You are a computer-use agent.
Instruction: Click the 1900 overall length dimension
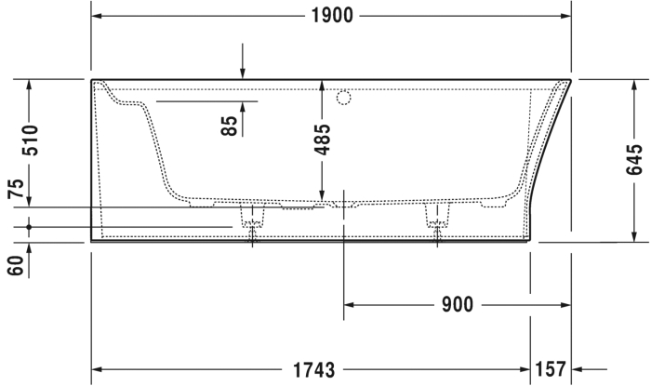[x=332, y=16]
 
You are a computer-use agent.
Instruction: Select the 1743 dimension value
[x=314, y=369]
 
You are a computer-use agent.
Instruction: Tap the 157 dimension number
[x=551, y=369]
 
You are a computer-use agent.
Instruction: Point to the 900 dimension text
[x=458, y=305]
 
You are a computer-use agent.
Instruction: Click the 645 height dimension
[x=634, y=160]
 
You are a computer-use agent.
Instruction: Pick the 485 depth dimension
[x=322, y=140]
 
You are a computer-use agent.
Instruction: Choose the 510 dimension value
[x=30, y=140]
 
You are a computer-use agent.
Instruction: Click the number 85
[x=229, y=126]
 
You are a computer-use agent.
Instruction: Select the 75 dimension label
[x=16, y=189]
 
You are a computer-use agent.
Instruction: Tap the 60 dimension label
[x=16, y=266]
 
